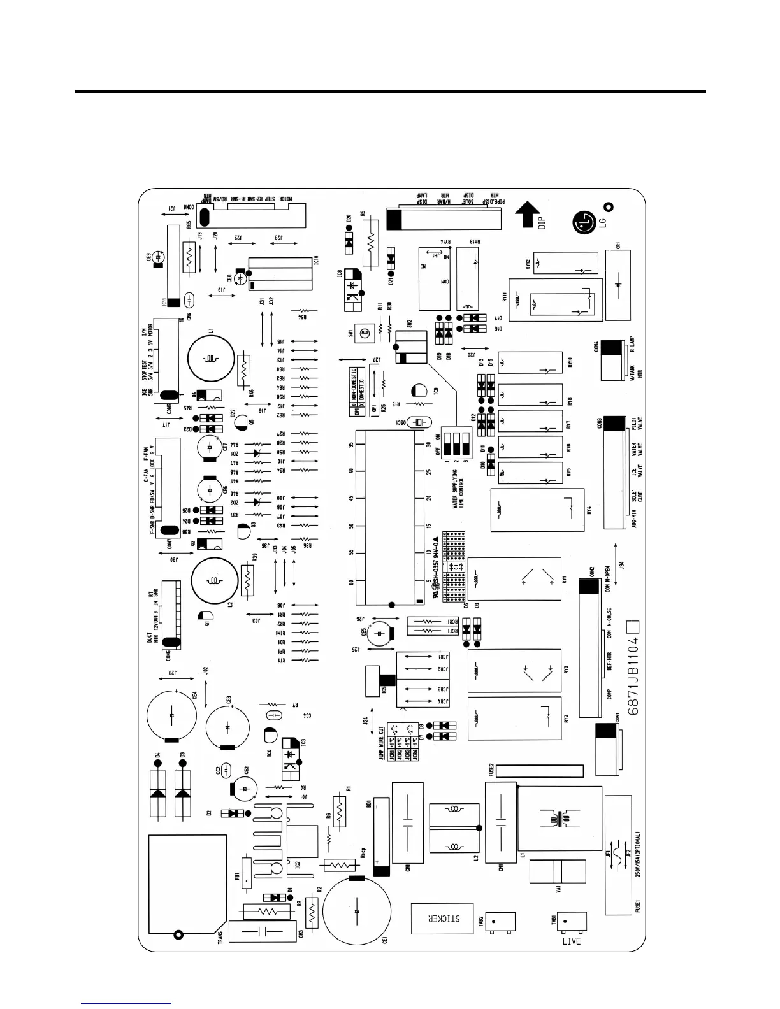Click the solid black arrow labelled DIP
[x=527, y=215]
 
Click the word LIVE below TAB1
[x=571, y=941]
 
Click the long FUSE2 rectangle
[x=539, y=771]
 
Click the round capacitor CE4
[x=172, y=716]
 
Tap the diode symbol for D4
[x=157, y=793]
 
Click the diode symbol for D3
[x=183, y=793]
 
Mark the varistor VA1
[x=558, y=871]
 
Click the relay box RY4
[x=537, y=510]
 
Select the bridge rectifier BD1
[x=381, y=836]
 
